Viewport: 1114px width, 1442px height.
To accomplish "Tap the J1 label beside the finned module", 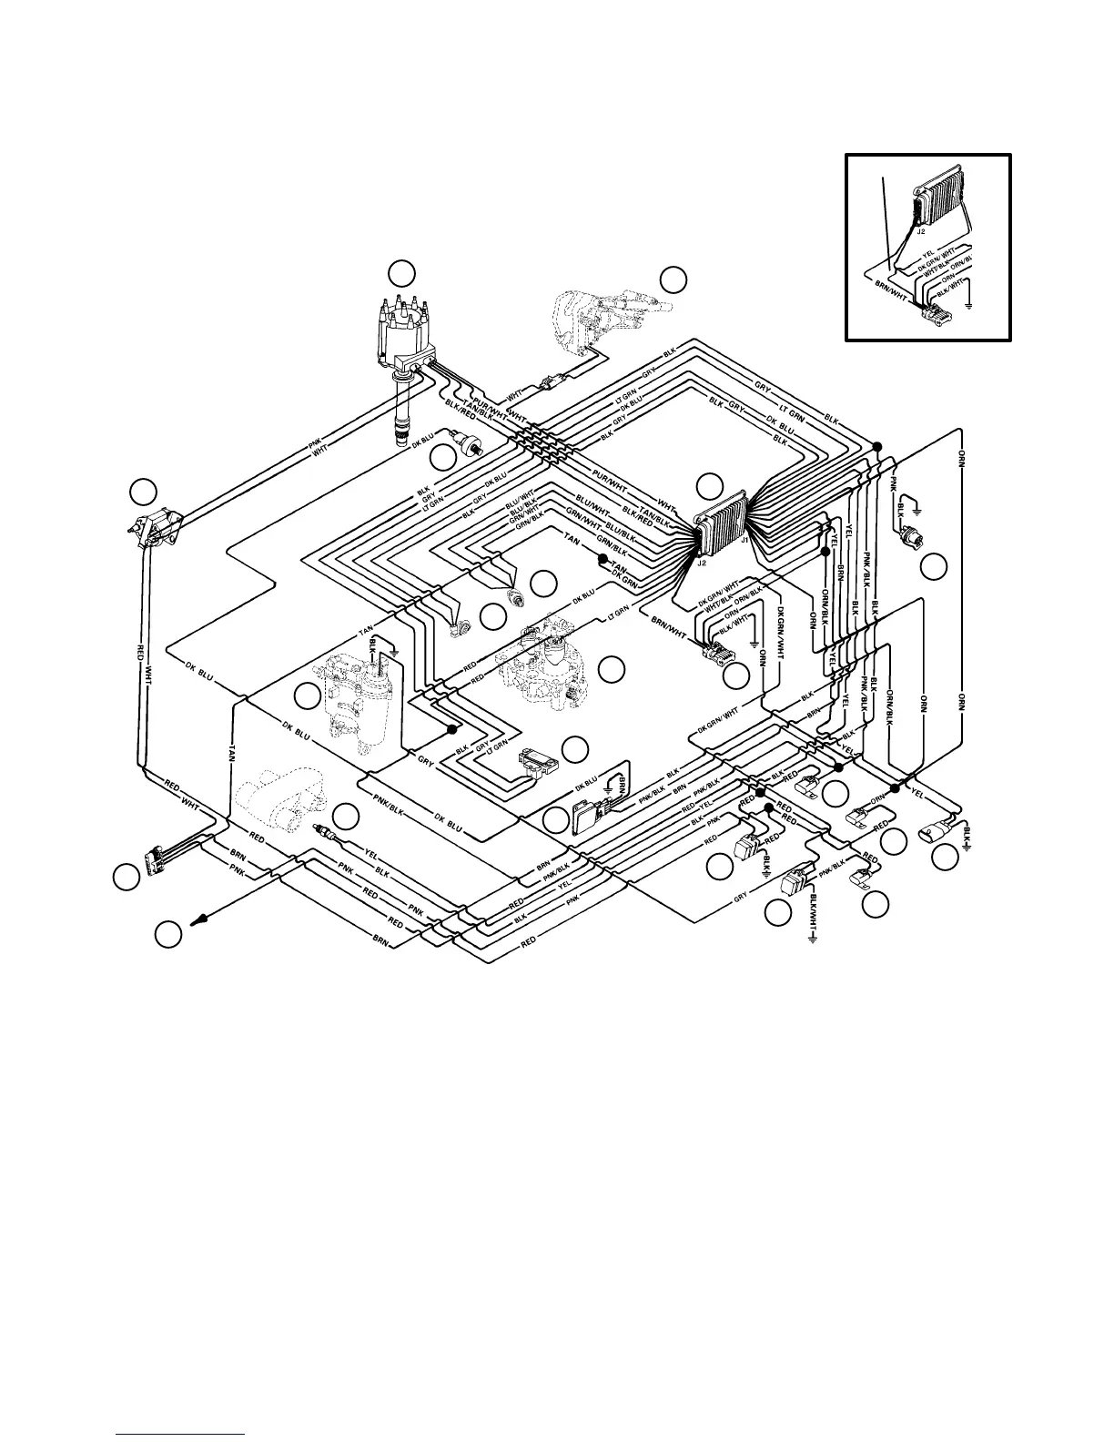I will tap(744, 539).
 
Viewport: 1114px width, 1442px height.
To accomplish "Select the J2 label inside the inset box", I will tap(922, 232).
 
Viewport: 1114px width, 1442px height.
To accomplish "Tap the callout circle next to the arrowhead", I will tap(167, 933).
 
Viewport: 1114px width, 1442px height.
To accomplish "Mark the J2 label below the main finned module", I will tap(702, 562).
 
